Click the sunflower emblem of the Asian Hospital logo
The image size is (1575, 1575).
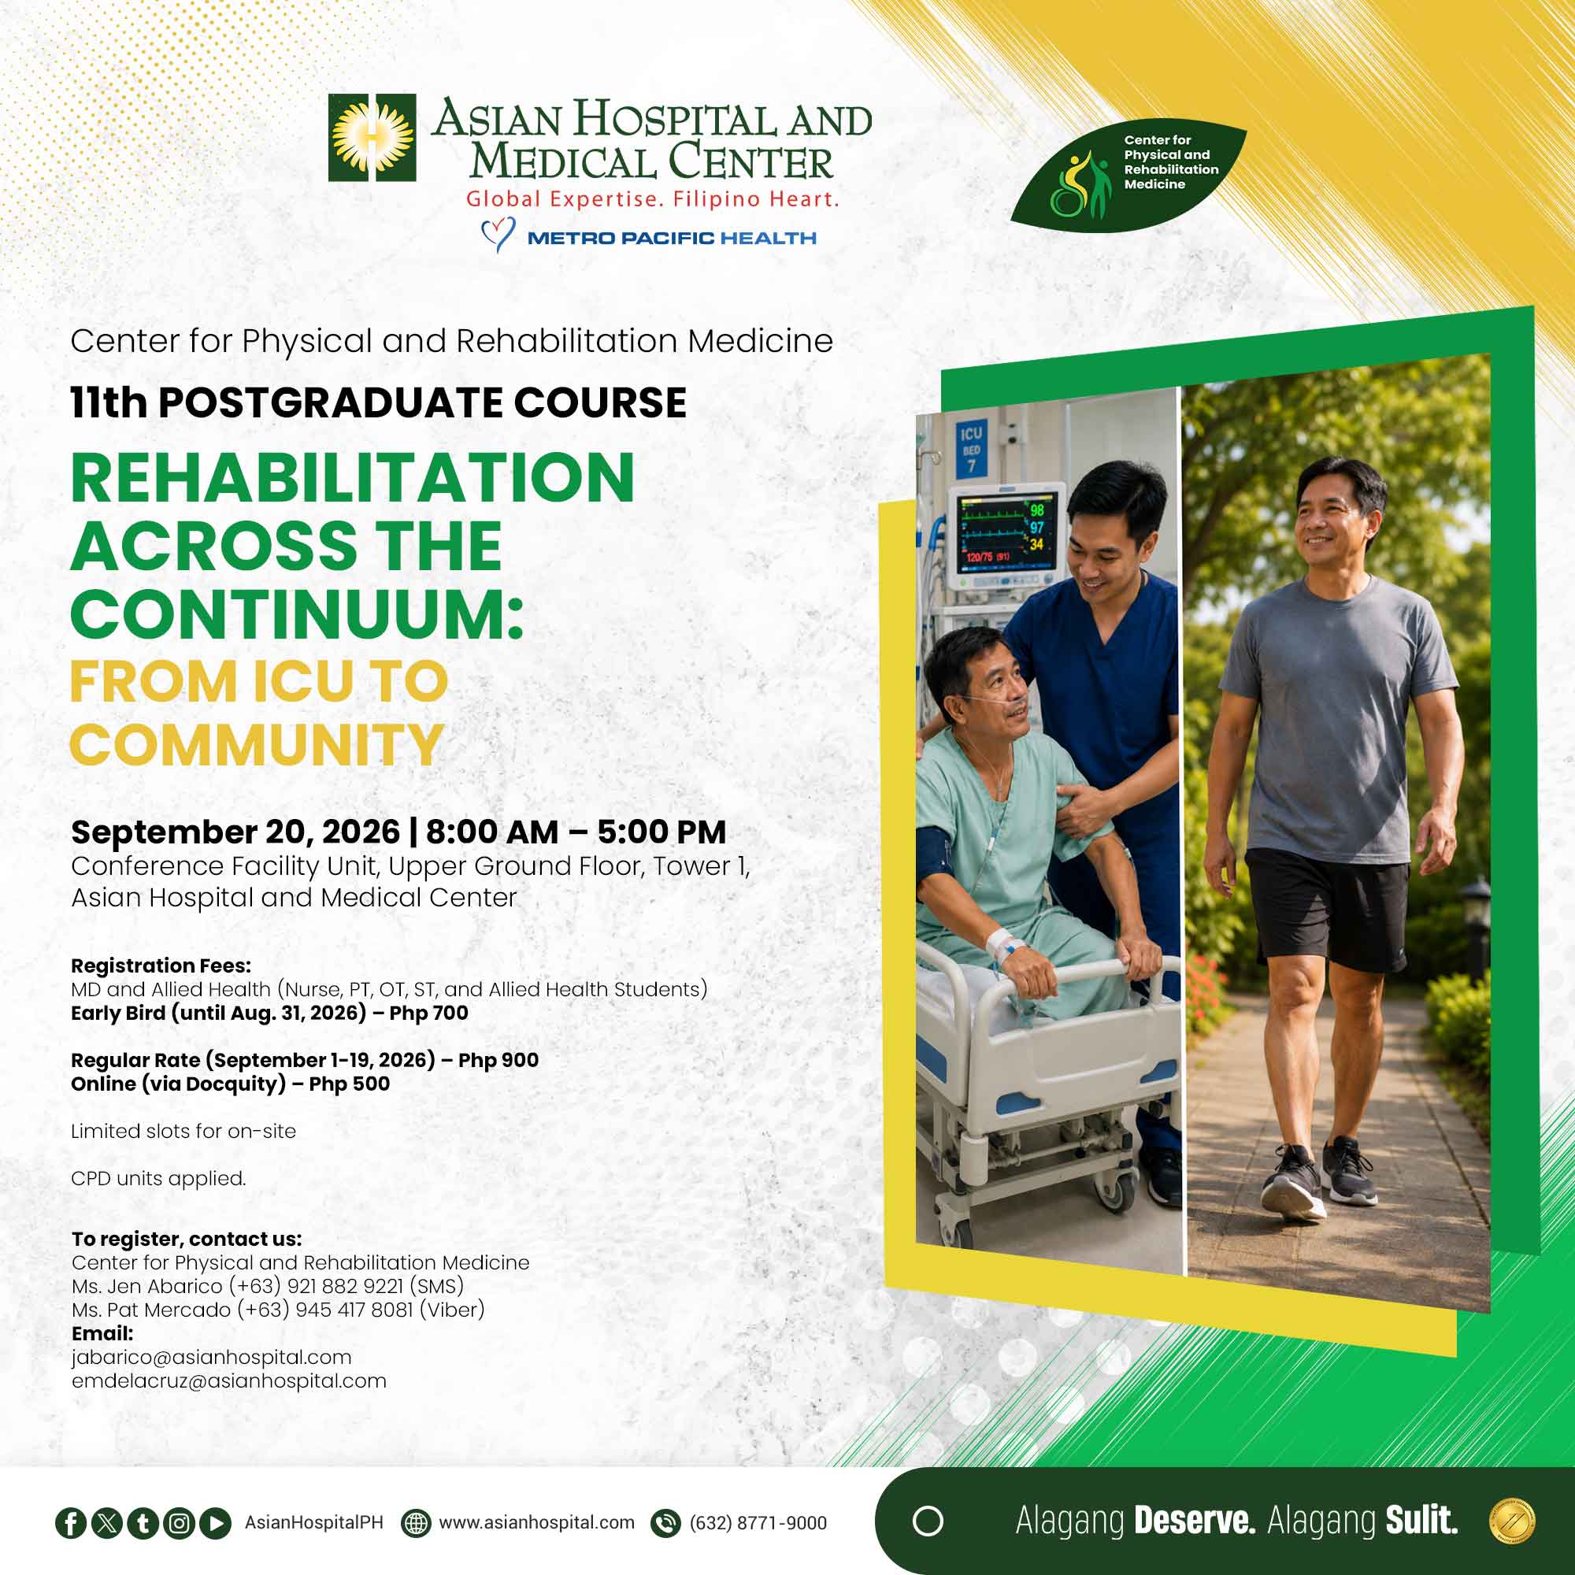click(x=372, y=138)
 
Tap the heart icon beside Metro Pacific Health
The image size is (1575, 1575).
click(x=497, y=235)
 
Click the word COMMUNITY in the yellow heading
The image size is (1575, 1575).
click(x=257, y=745)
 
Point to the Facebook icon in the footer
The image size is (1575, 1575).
click(x=71, y=1523)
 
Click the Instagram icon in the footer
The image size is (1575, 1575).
click(x=180, y=1523)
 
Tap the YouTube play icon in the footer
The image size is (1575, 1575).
click(x=215, y=1523)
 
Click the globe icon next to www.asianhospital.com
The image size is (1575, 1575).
click(x=416, y=1523)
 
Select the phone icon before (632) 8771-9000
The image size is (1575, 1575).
click(x=666, y=1523)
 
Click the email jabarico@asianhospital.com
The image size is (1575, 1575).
click(x=211, y=1358)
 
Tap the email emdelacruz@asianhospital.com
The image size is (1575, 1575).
click(x=229, y=1381)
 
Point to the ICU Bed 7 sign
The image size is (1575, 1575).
click(x=971, y=449)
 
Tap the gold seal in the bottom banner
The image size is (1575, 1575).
click(x=1511, y=1521)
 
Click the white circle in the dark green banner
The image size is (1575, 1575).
click(x=928, y=1521)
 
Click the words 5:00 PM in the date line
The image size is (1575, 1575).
click(x=661, y=832)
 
